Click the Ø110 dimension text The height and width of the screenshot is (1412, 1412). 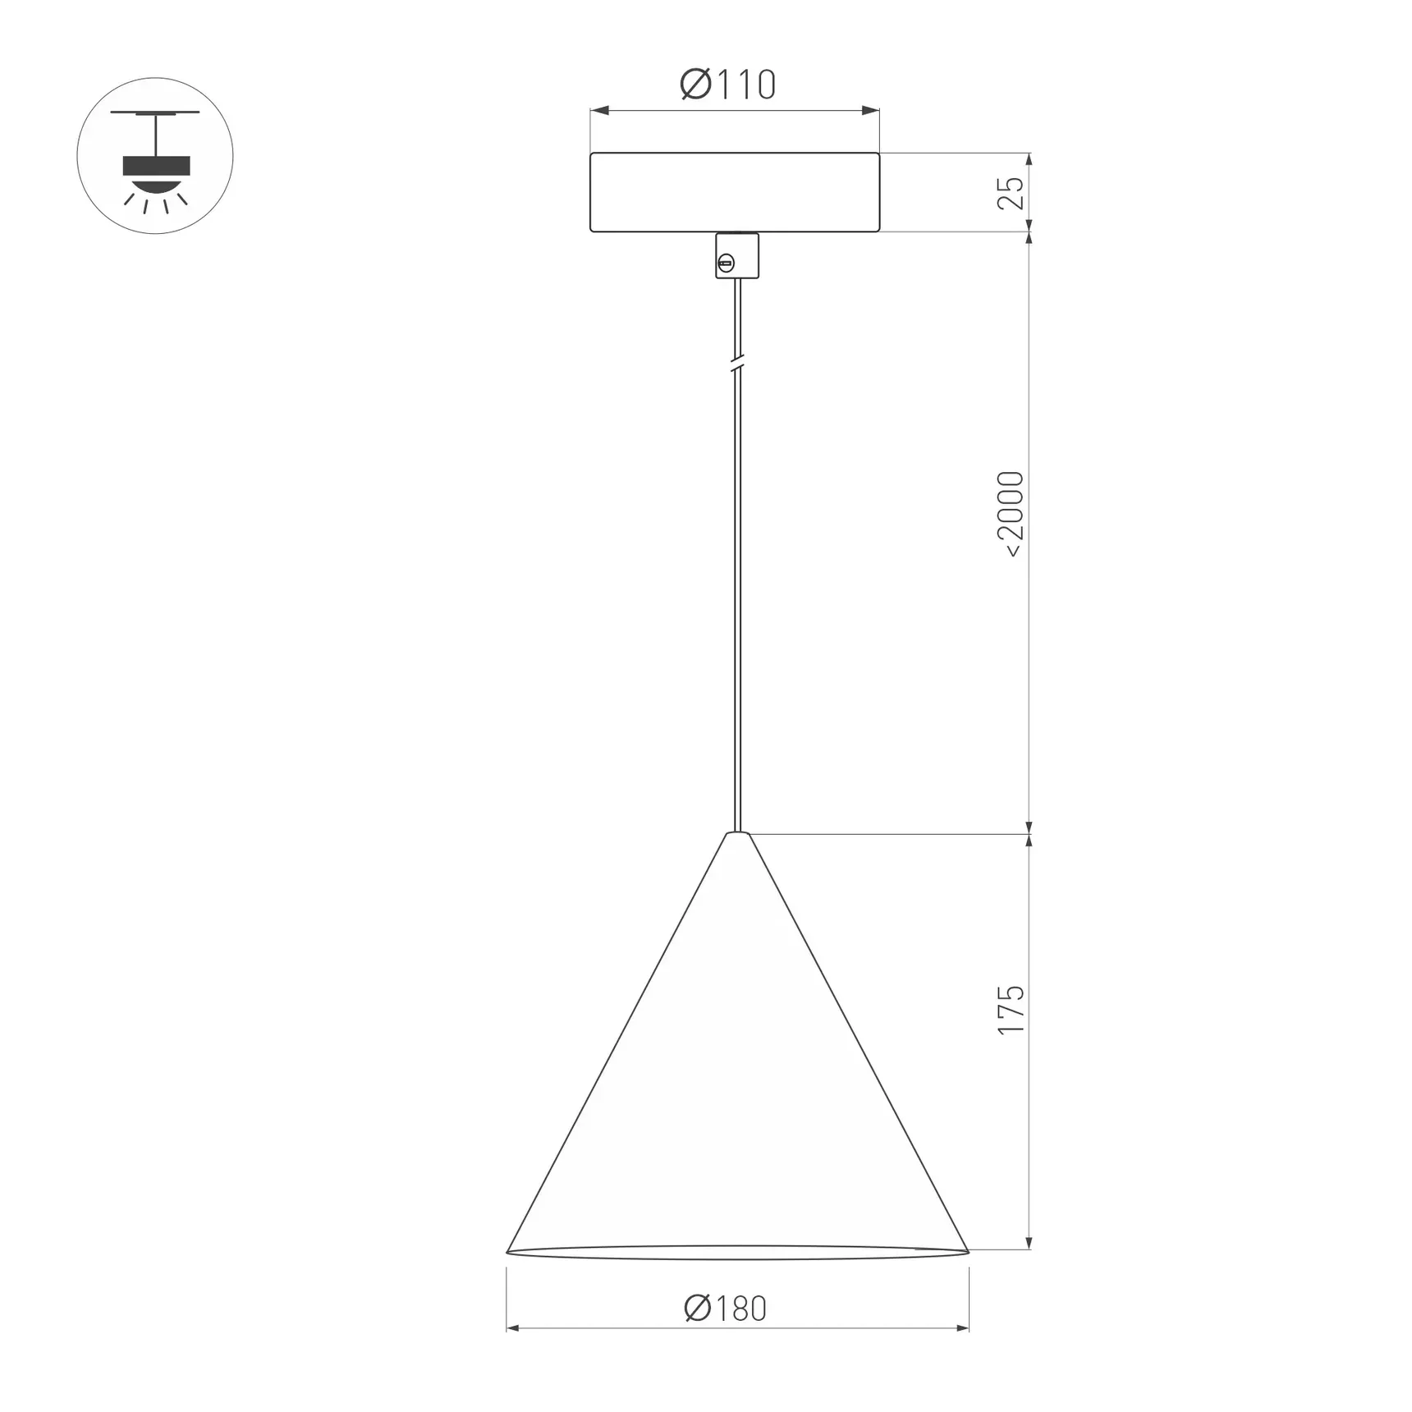coord(728,85)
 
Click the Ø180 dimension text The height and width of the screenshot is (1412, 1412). coord(726,1309)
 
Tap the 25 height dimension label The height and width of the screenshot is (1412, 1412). coord(1011,193)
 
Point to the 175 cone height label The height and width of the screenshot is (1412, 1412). coord(1011,1010)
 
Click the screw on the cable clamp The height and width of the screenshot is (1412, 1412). coord(726,264)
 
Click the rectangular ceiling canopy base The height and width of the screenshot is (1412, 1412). coord(735,192)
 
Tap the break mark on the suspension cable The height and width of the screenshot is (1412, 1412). coord(737,362)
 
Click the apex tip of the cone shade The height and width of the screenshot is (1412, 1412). coord(737,834)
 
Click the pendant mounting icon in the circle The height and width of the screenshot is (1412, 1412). coord(155,156)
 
